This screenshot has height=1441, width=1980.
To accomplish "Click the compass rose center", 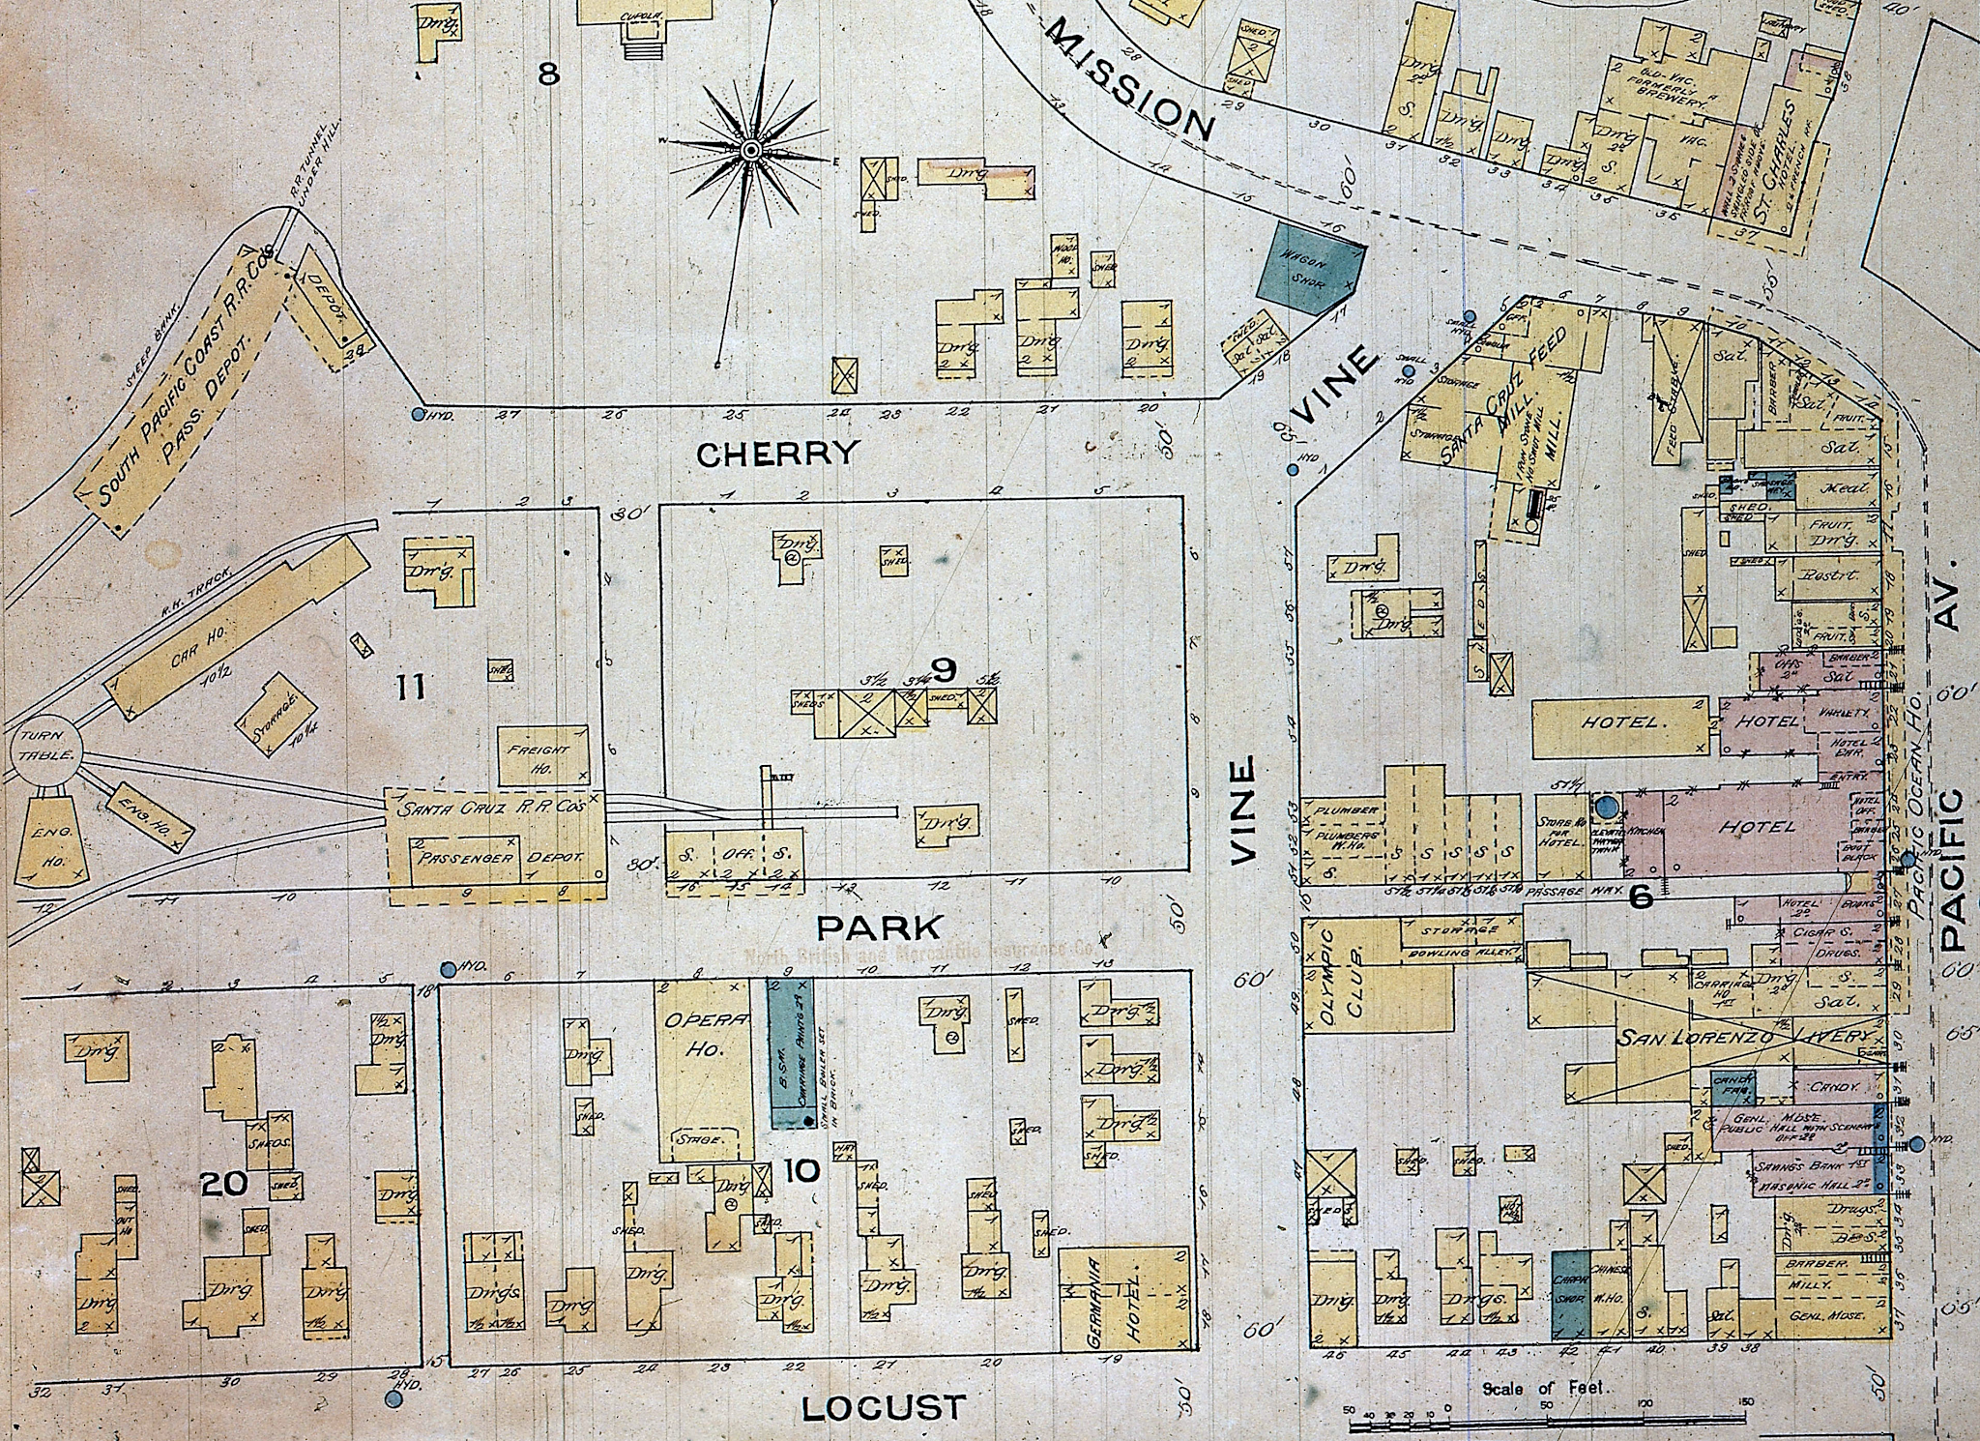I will click(750, 151).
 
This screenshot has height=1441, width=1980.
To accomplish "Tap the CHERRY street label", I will click(777, 453).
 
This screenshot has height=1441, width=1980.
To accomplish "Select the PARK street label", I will click(878, 927).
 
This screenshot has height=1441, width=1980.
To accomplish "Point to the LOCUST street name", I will click(885, 1408).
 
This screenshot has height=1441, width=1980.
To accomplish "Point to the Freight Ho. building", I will click(542, 755).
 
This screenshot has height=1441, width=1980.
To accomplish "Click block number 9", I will click(944, 667).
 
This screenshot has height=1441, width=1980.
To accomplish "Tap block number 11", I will click(410, 688).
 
